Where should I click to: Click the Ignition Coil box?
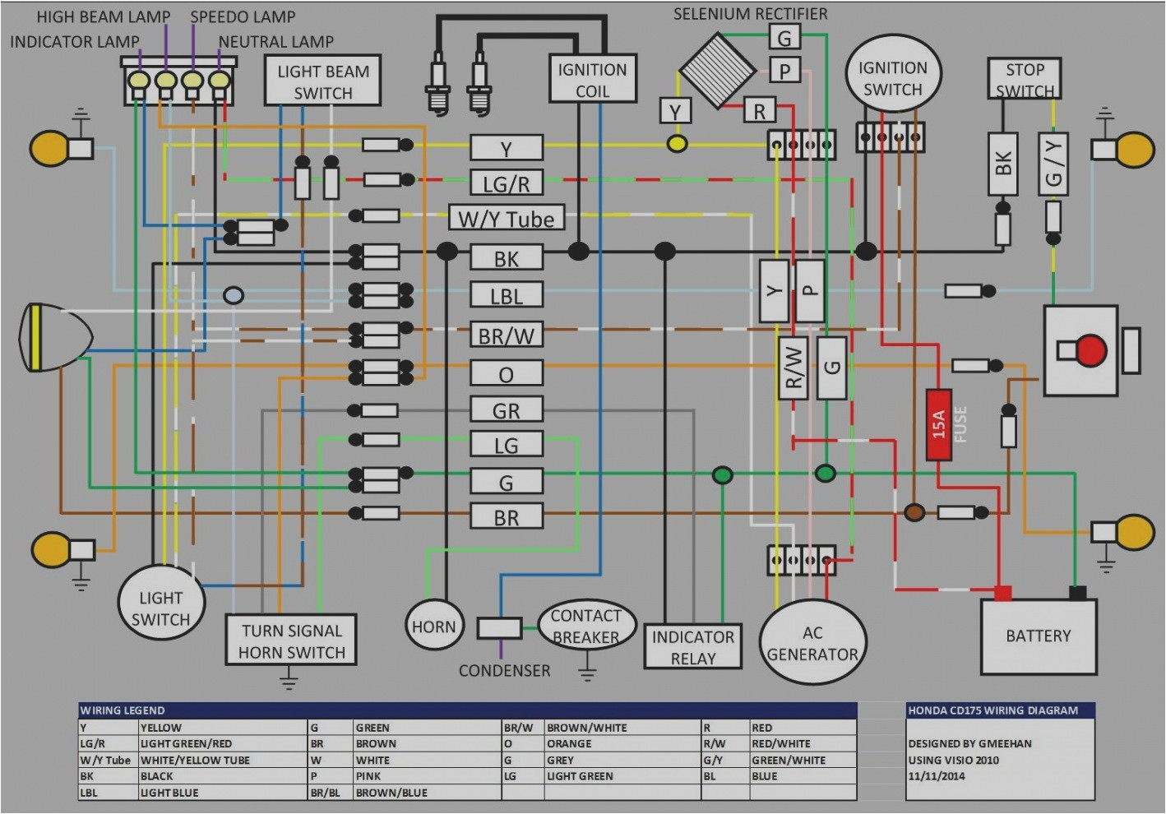click(x=592, y=79)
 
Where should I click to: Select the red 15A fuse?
click(x=938, y=424)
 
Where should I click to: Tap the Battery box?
click(x=1038, y=636)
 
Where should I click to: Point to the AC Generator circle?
click(x=812, y=643)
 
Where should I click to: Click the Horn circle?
click(x=433, y=627)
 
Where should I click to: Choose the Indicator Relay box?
click(x=692, y=647)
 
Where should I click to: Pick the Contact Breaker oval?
click(x=585, y=627)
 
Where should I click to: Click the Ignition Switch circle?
click(x=892, y=78)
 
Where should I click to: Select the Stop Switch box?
click(x=1024, y=79)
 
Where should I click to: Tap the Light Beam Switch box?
click(x=322, y=81)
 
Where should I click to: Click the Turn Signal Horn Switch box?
click(x=291, y=641)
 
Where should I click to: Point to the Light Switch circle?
click(x=160, y=608)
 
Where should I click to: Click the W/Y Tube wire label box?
click(x=506, y=219)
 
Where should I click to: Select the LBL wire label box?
click(x=506, y=295)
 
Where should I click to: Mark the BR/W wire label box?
click(x=506, y=335)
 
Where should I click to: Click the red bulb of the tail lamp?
click(x=1091, y=350)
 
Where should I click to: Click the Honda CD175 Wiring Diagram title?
click(x=992, y=710)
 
